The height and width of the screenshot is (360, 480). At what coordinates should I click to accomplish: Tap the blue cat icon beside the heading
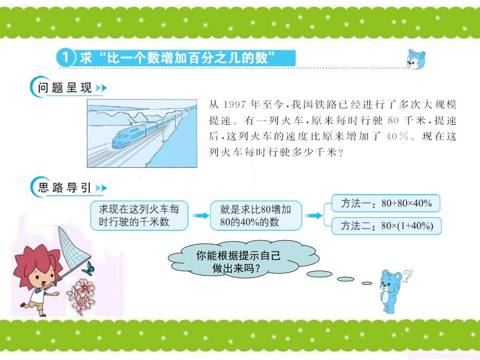pyautogui.click(x=416, y=60)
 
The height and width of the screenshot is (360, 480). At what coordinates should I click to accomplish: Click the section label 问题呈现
pyautogui.click(x=65, y=88)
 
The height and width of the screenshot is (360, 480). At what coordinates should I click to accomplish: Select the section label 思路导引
pyautogui.click(x=65, y=188)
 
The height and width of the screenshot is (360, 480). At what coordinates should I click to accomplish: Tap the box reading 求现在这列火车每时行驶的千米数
pyautogui.click(x=138, y=215)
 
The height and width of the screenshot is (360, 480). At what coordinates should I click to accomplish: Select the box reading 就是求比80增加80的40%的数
pyautogui.click(x=256, y=215)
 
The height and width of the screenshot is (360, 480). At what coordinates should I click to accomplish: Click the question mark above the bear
pyautogui.click(x=407, y=274)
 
